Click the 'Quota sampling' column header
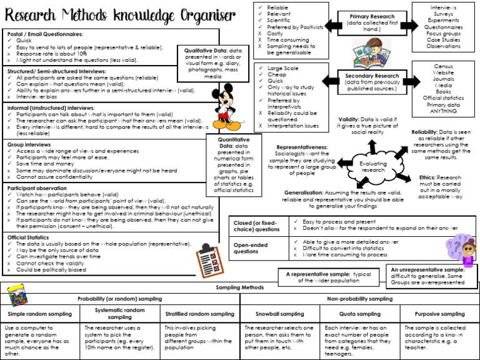pos(359,314)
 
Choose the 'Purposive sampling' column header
pos(439,314)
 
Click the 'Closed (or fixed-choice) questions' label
pos(257,226)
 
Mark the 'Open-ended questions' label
pos(251,248)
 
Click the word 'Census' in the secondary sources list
pos(443,66)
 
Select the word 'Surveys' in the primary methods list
pos(443,14)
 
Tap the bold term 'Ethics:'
pos(431,177)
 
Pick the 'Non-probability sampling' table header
pos(359,299)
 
